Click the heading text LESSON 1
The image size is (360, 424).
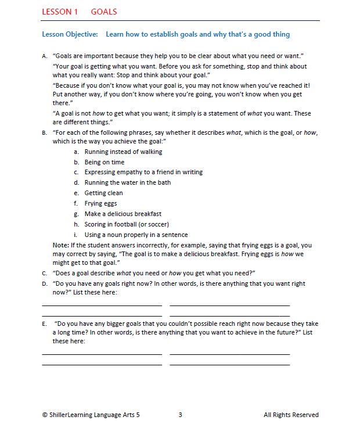tap(60, 12)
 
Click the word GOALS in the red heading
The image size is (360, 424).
tap(104, 12)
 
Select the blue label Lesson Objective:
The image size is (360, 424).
tap(70, 34)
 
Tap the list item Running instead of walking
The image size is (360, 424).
tap(123, 152)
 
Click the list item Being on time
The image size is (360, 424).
tap(105, 162)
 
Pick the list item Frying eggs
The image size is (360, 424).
tap(100, 203)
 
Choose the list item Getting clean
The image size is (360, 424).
tap(103, 193)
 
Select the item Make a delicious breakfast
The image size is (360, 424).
tap(123, 214)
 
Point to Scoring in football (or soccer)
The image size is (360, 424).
tap(127, 224)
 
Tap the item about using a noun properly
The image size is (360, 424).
tap(136, 235)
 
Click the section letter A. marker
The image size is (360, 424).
tap(45, 56)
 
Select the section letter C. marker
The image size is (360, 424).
tap(45, 273)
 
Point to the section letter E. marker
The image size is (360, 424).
tap(45, 324)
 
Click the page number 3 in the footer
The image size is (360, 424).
tap(180, 415)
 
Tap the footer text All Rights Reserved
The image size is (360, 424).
tap(291, 415)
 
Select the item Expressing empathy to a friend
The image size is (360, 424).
tap(143, 173)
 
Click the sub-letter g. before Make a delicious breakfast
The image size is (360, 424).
tap(76, 214)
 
